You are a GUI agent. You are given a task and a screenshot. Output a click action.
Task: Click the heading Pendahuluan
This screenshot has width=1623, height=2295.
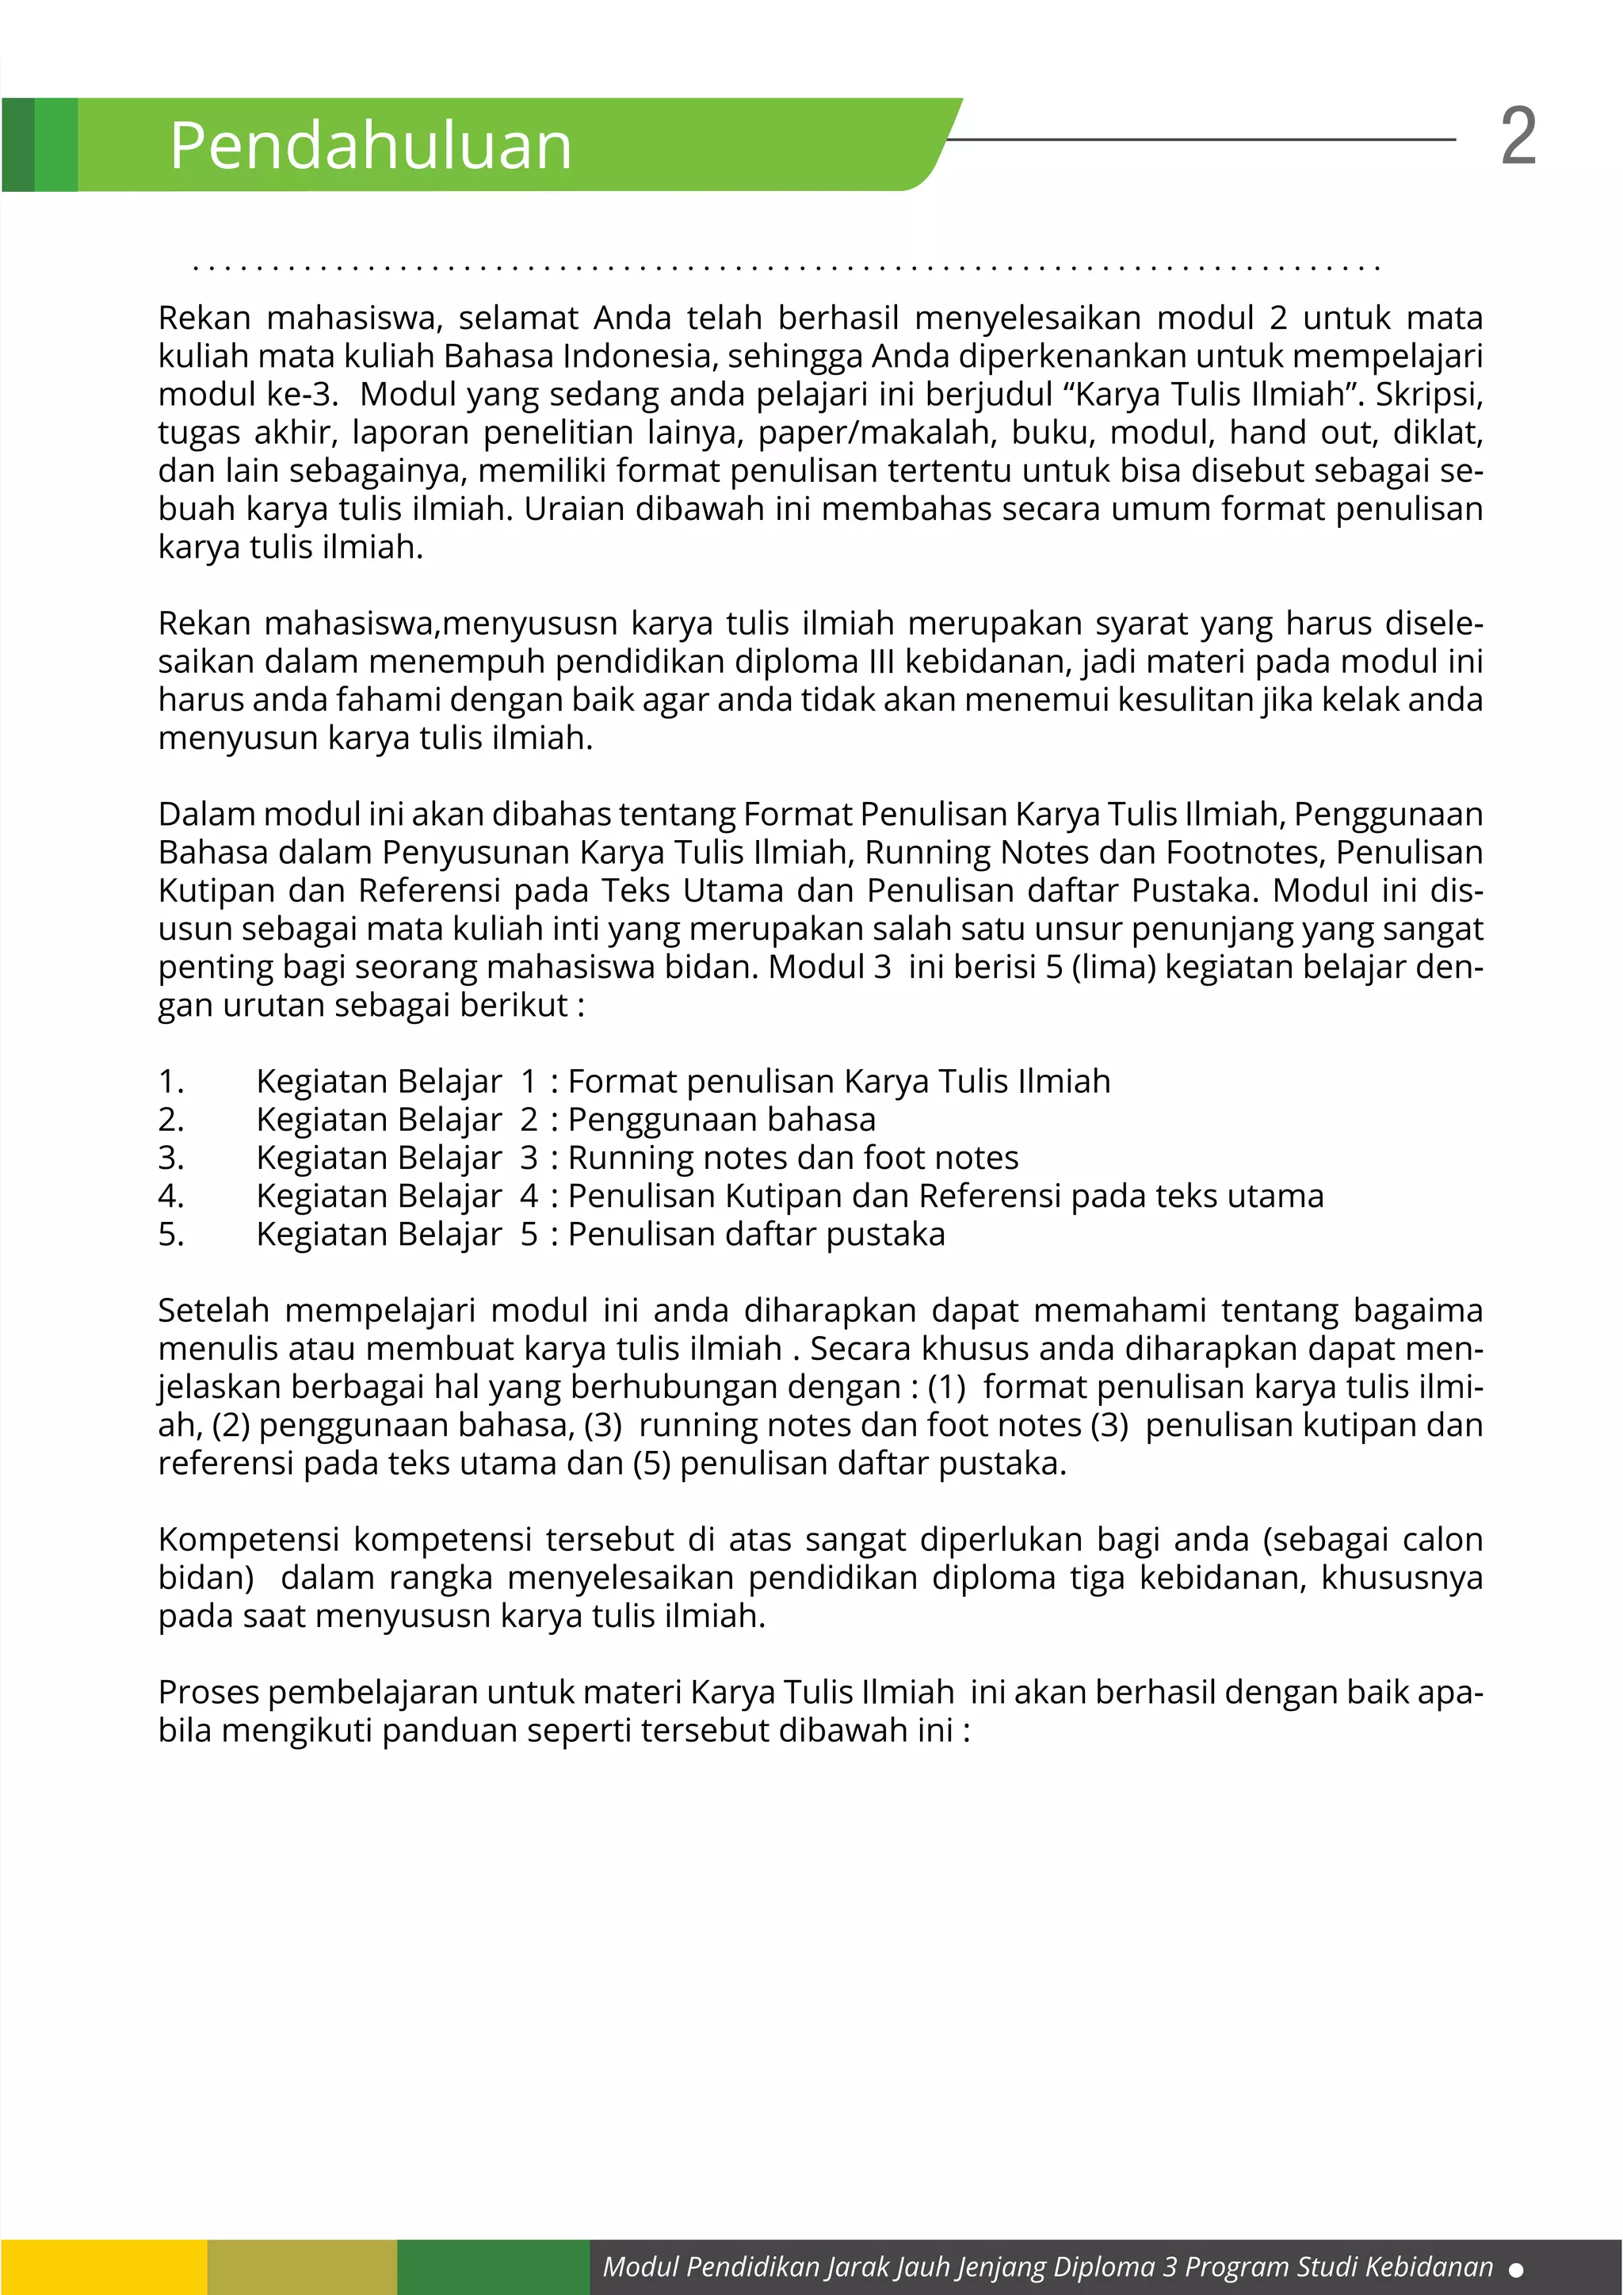pyautogui.click(x=371, y=146)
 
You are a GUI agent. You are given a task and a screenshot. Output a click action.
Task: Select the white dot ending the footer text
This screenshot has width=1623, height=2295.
pyautogui.click(x=1515, y=2270)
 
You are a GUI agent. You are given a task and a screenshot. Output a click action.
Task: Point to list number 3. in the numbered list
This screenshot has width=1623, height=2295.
pyautogui.click(x=171, y=1158)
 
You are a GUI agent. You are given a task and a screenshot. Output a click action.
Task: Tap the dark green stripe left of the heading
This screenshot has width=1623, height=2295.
pyautogui.click(x=18, y=145)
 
